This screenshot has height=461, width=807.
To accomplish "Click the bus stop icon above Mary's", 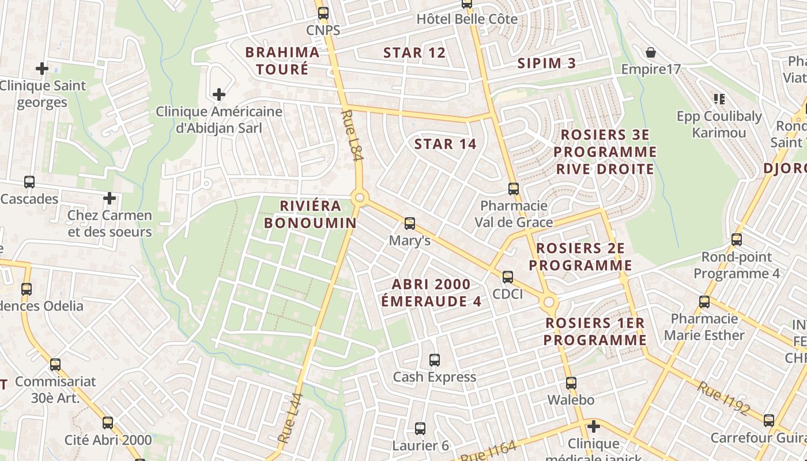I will [x=410, y=223].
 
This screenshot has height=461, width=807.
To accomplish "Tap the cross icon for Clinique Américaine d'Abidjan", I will [x=219, y=94].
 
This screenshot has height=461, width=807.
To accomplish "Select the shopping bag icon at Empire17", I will [x=651, y=52].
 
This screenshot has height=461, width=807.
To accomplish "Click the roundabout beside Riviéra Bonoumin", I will [x=360, y=198].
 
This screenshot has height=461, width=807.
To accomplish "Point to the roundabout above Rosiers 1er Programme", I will [x=549, y=302].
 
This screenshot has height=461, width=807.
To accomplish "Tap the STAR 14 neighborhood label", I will [x=445, y=144].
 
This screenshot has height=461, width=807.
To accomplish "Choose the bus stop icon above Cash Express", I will [x=435, y=360].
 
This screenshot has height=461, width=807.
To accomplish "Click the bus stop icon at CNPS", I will [x=323, y=13].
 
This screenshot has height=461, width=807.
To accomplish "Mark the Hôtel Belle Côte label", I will [x=466, y=19].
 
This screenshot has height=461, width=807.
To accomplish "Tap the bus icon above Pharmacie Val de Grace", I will [x=514, y=189].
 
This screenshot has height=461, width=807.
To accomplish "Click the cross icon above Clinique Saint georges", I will [x=42, y=69].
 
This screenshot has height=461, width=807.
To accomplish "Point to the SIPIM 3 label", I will [x=546, y=63].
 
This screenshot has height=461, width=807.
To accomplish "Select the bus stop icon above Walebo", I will [x=571, y=383].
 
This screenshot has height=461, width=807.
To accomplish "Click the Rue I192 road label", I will [x=723, y=398].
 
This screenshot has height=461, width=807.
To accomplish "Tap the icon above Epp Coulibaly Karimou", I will [x=719, y=99].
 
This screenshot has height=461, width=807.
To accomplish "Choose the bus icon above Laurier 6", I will [x=420, y=429].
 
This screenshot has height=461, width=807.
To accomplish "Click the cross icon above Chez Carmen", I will [x=110, y=199].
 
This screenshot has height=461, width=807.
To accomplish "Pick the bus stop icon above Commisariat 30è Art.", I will [x=55, y=364].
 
